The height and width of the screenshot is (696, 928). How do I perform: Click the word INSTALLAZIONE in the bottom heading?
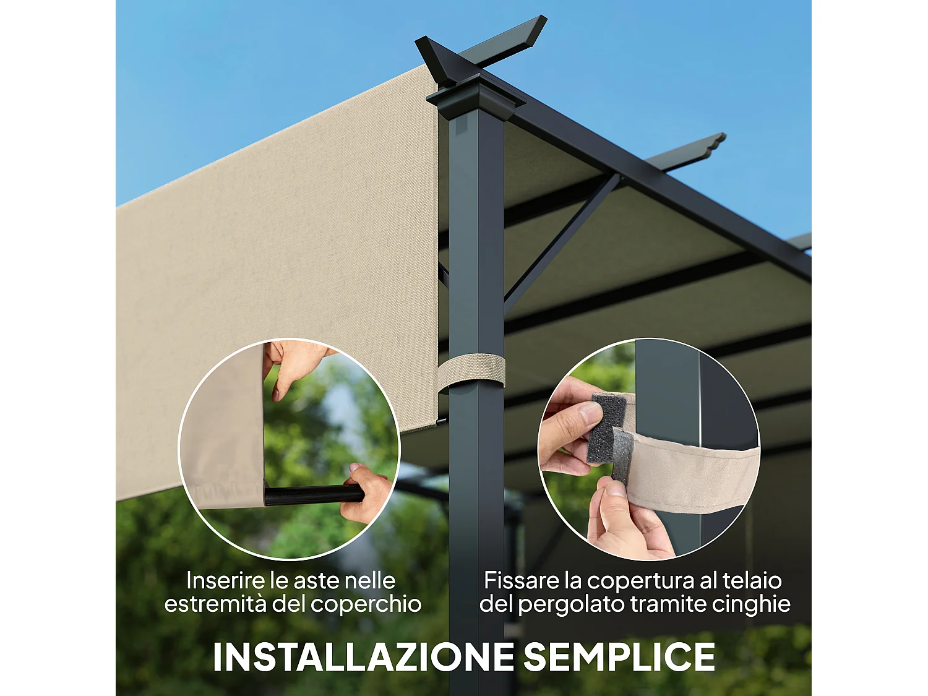(x=363, y=657)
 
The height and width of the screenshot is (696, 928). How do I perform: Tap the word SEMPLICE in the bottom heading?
(x=619, y=657)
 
